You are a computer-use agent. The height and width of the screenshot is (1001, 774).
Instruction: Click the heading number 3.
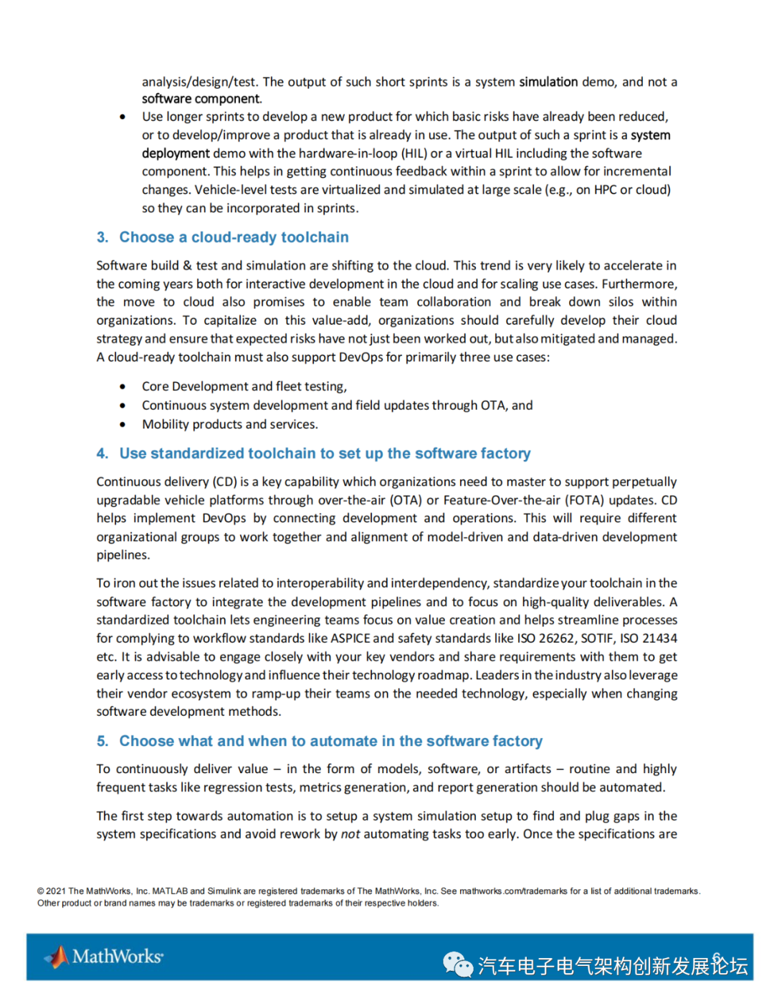click(x=102, y=237)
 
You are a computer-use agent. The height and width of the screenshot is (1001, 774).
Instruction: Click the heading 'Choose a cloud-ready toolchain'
click(x=234, y=237)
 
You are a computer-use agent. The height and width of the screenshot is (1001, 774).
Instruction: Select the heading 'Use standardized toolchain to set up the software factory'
click(x=325, y=454)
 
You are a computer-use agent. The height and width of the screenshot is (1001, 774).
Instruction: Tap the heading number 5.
click(x=102, y=741)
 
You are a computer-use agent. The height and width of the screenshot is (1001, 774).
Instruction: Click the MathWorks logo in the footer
click(x=105, y=957)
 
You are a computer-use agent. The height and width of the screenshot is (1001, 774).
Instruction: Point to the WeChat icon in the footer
click(x=457, y=964)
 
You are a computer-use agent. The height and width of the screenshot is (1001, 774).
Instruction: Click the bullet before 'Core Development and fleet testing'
click(x=123, y=387)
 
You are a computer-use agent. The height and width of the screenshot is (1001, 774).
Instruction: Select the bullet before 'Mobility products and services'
click(x=123, y=425)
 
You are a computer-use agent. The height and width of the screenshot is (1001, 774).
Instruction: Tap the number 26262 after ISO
click(x=557, y=638)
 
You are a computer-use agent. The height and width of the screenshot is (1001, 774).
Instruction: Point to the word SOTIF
click(x=597, y=638)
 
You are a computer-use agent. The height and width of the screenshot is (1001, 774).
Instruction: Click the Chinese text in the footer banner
click(x=613, y=966)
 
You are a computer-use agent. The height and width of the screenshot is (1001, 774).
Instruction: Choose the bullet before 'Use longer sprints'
click(x=123, y=117)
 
